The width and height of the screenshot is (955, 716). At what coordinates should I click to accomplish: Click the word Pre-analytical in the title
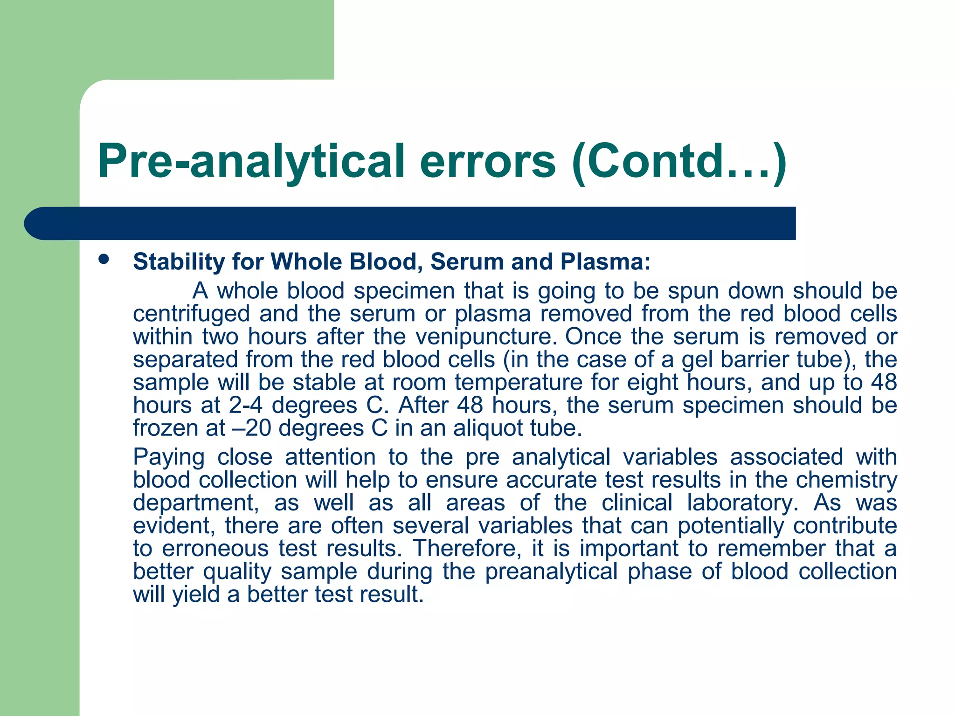251,162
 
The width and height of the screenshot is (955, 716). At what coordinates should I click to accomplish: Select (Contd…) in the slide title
679,162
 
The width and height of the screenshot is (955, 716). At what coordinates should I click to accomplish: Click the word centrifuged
191,314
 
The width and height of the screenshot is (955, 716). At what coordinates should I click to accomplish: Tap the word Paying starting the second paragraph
169,457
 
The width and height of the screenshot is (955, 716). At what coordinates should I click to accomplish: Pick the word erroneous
215,549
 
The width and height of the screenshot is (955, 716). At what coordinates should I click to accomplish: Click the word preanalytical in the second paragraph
552,572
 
